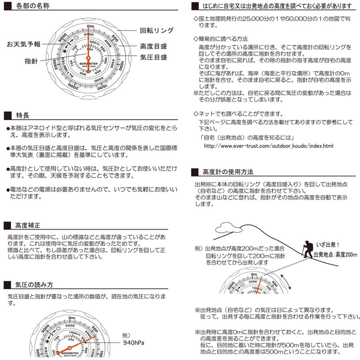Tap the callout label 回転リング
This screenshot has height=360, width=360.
[157, 30]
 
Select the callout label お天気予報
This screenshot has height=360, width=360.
[24, 44]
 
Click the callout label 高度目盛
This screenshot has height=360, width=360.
[154, 46]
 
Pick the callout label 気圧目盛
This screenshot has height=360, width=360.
[154, 57]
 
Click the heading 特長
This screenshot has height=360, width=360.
[22, 115]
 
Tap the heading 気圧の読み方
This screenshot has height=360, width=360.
[34, 285]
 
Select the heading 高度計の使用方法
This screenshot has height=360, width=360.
[228, 172]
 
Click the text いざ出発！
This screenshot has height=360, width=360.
[328, 244]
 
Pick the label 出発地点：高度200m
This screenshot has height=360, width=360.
[335, 255]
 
